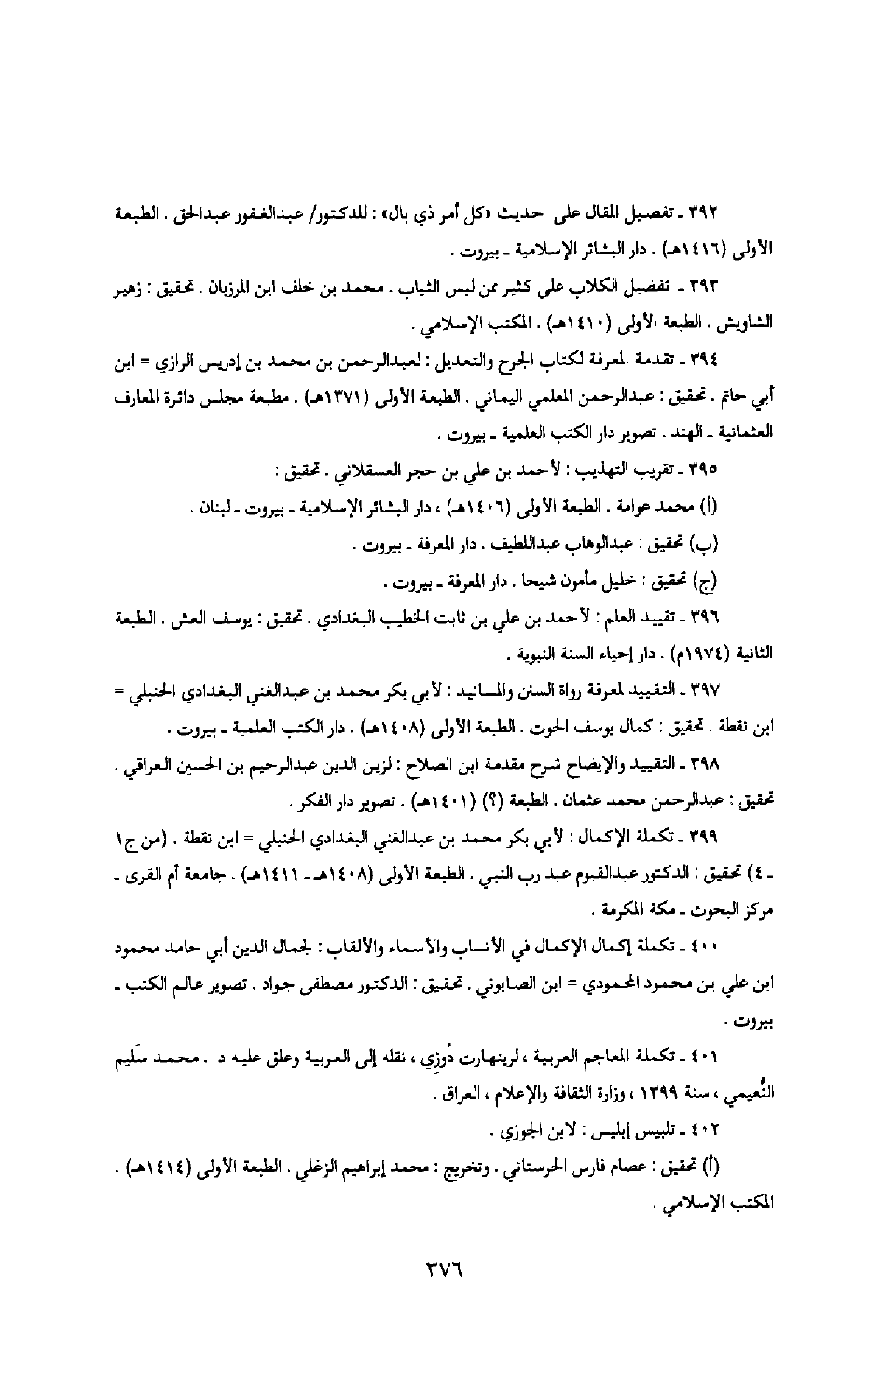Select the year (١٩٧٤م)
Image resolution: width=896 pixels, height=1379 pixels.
(x=692, y=650)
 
